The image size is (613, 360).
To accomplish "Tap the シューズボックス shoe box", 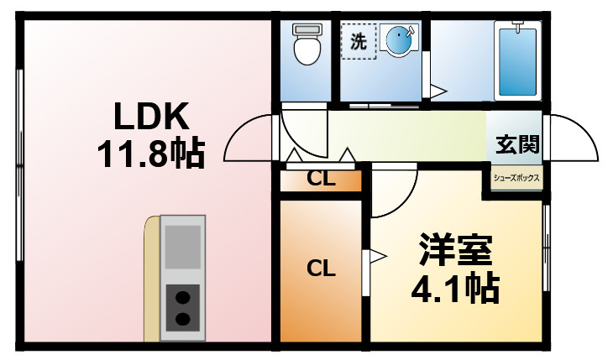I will (x=516, y=179).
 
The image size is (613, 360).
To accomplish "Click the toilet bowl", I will (x=307, y=52).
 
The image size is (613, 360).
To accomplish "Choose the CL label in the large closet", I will (x=320, y=269).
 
